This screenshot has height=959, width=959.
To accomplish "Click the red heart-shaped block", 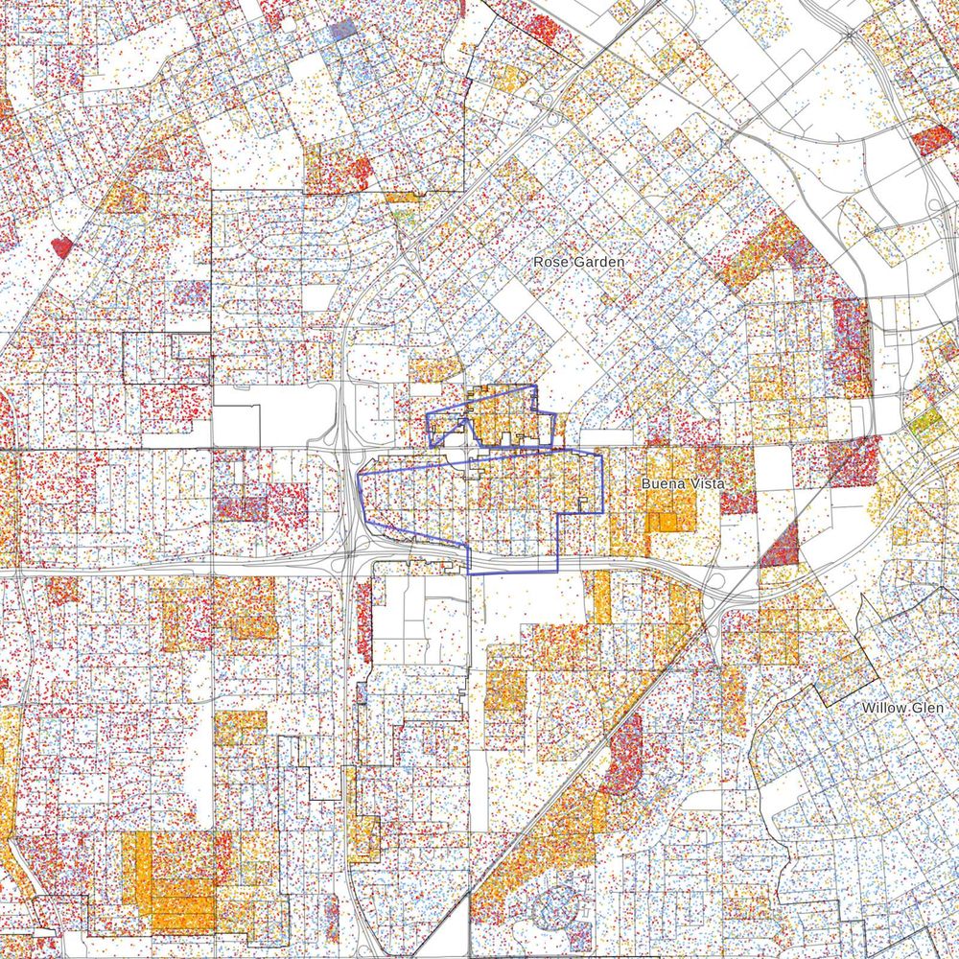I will pyautogui.click(x=62, y=246).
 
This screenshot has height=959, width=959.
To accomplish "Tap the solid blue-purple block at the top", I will pyautogui.click(x=343, y=29).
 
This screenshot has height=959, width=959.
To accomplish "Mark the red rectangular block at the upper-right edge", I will pyautogui.click(x=932, y=140).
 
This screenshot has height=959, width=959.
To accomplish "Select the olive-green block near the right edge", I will pyautogui.click(x=926, y=422).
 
